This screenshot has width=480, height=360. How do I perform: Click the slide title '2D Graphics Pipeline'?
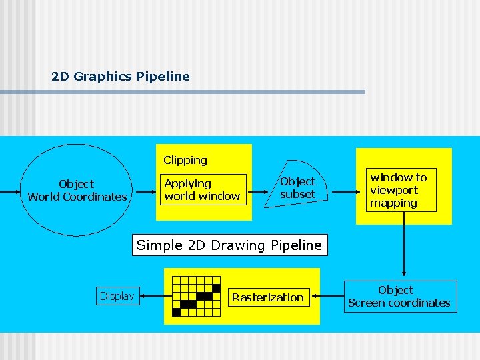(120, 77)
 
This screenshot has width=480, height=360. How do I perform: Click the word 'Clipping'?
(185, 160)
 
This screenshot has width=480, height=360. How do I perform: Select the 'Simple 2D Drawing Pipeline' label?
(229, 245)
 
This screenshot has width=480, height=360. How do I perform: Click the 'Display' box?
(117, 296)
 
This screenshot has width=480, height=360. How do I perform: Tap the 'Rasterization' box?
(267, 297)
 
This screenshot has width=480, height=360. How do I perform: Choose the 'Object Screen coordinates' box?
(399, 297)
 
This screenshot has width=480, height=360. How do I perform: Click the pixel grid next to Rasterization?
(196, 296)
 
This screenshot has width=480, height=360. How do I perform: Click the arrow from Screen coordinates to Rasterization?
(332, 297)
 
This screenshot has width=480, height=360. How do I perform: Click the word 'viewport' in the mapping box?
(394, 190)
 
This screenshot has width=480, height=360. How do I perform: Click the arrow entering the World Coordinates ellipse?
(9, 191)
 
